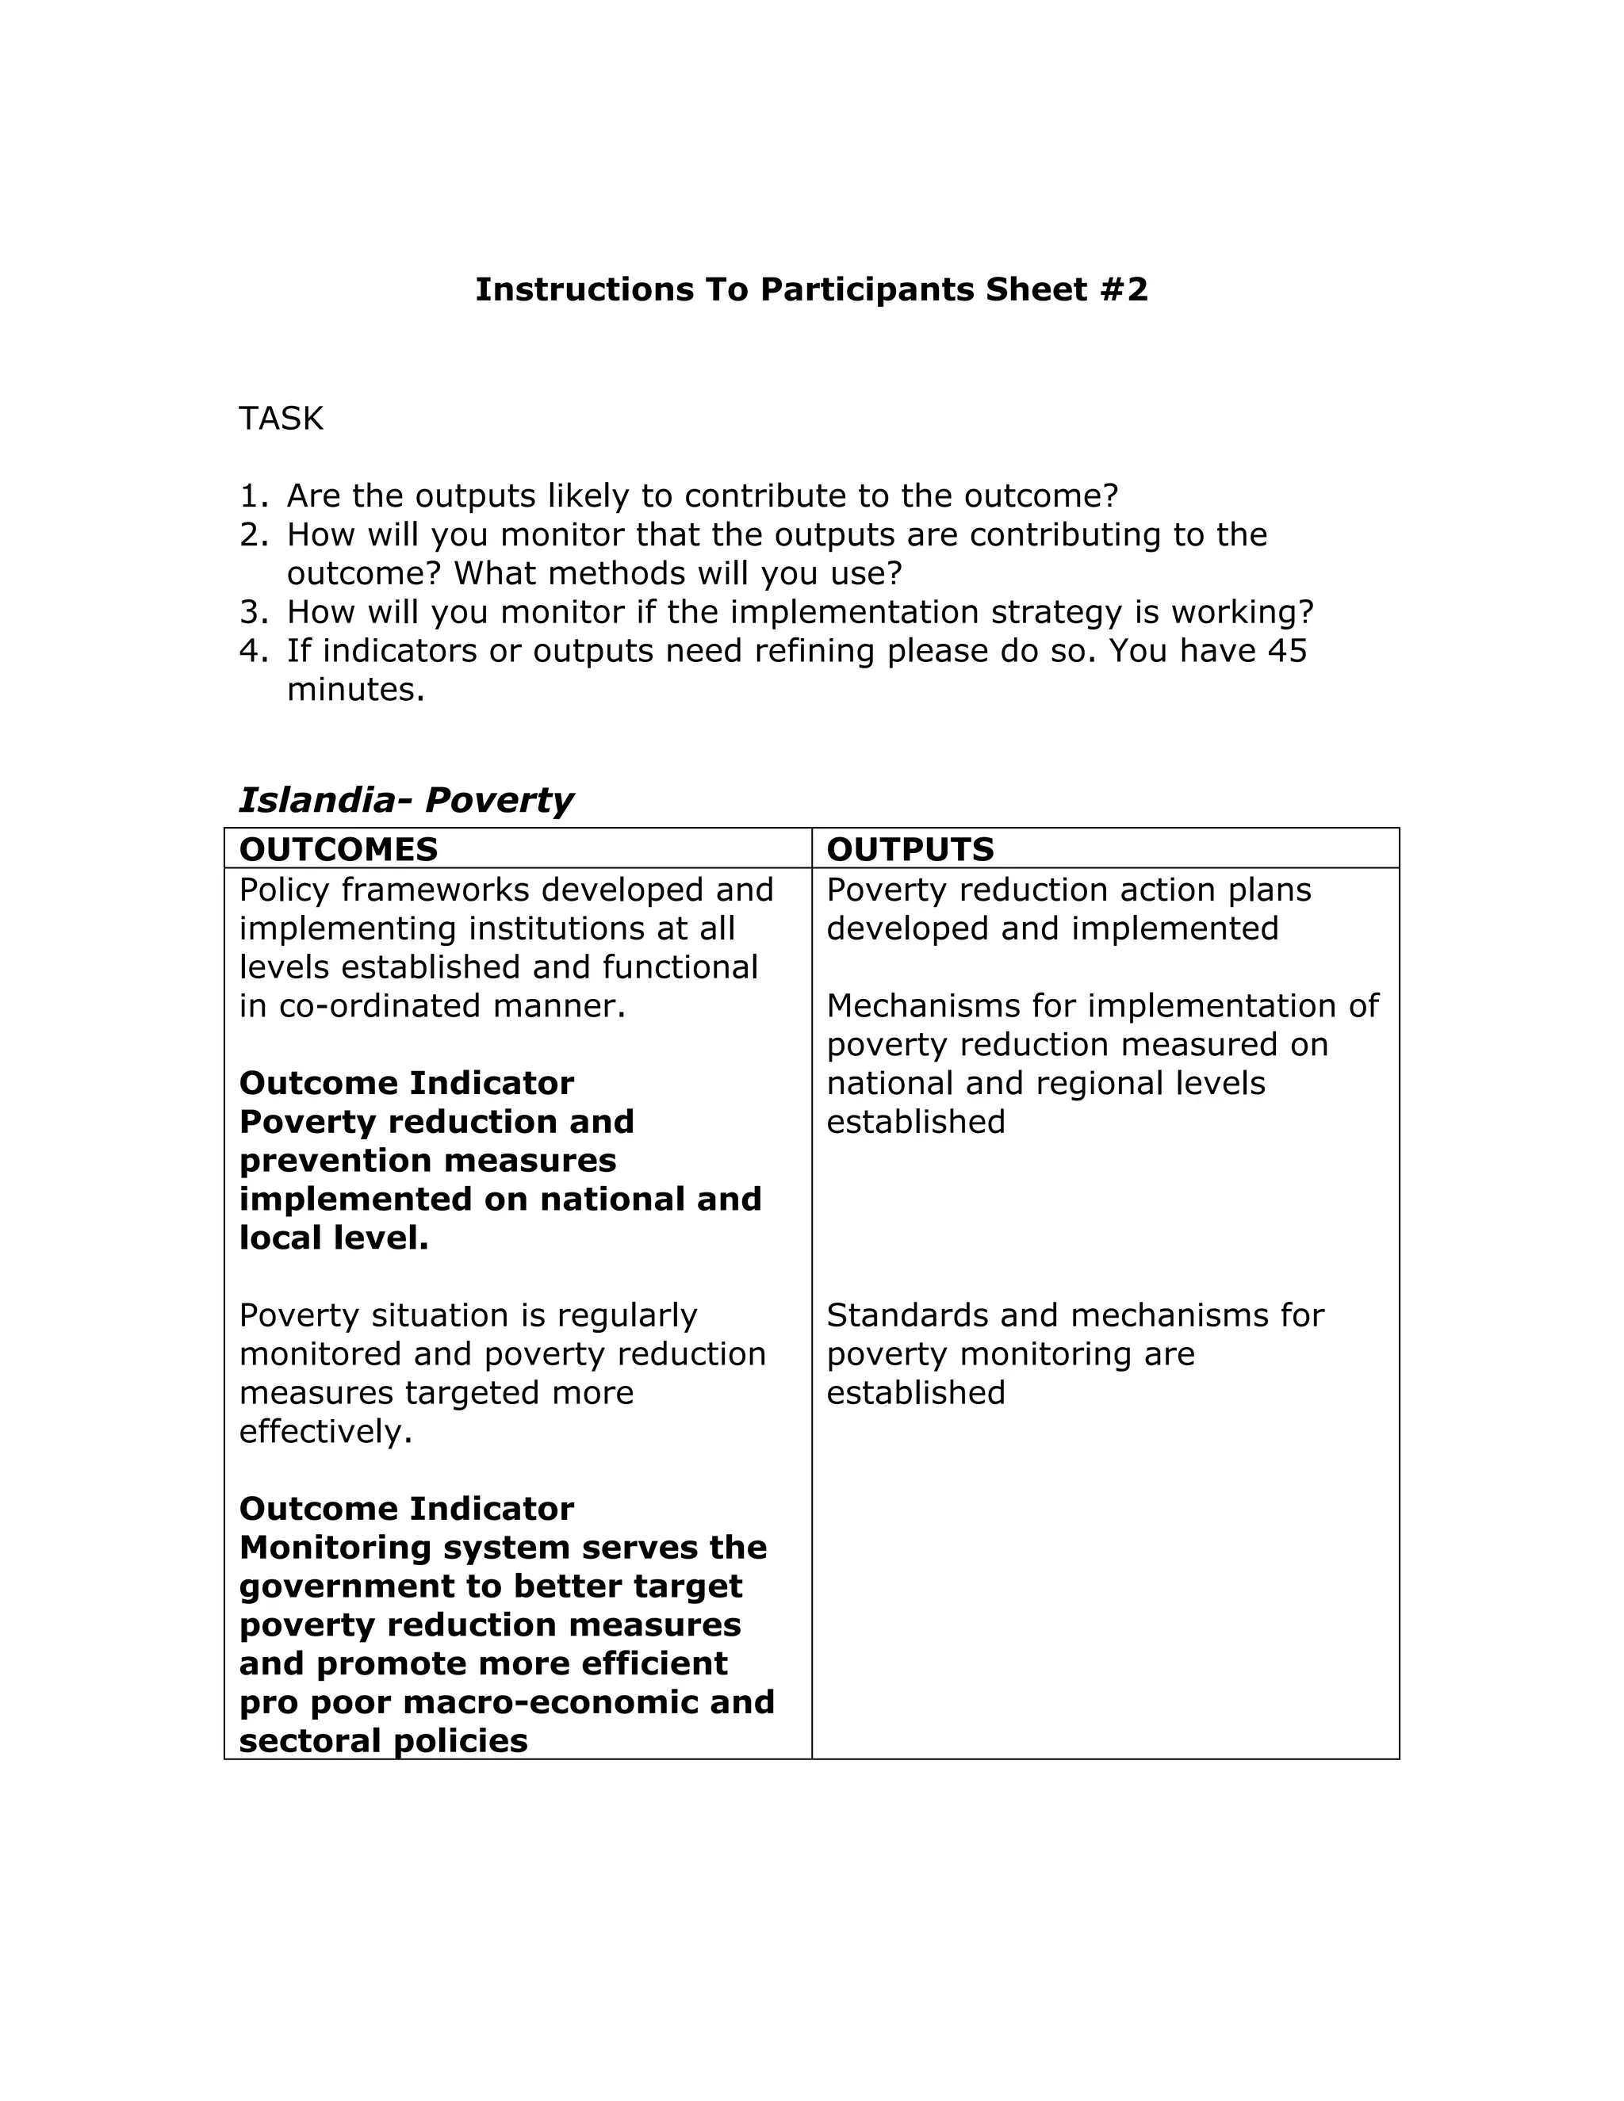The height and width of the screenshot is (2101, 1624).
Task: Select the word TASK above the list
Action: pyautogui.click(x=281, y=419)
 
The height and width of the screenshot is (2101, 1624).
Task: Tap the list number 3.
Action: pyautogui.click(x=252, y=613)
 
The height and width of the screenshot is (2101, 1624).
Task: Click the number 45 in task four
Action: pyautogui.click(x=1287, y=651)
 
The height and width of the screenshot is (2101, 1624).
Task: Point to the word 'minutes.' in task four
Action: pyautogui.click(x=355, y=690)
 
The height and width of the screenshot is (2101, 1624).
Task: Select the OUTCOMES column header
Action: pyautogui.click(x=338, y=849)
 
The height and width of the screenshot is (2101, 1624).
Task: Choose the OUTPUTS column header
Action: pyautogui.click(x=910, y=849)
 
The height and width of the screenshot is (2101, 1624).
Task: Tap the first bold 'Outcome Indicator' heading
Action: pyautogui.click(x=406, y=1083)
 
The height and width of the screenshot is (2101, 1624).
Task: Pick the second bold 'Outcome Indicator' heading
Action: pyautogui.click(x=406, y=1509)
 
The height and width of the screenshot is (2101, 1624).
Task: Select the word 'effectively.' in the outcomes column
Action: pyautogui.click(x=325, y=1431)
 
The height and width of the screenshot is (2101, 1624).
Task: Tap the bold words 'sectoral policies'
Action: pyautogui.click(x=383, y=1740)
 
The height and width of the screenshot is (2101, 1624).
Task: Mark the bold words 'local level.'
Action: pyautogui.click(x=333, y=1238)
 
